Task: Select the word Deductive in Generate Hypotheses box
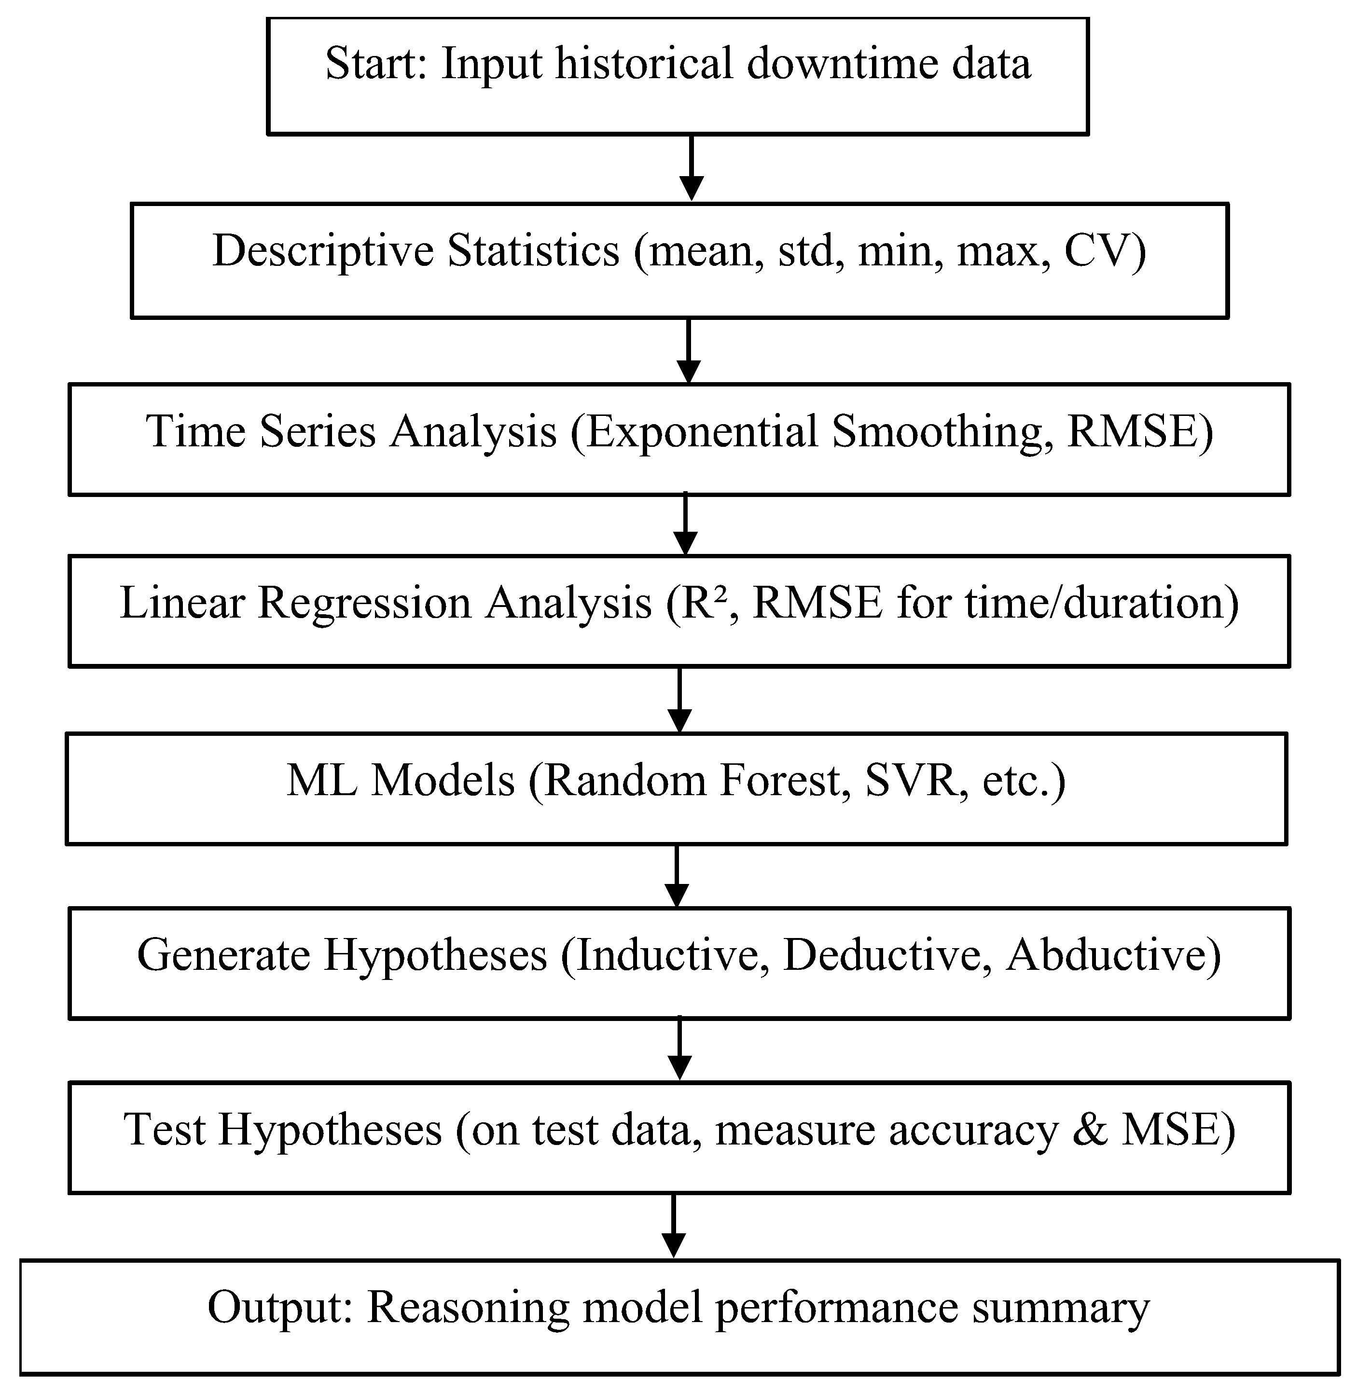tap(882, 955)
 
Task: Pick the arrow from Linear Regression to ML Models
tap(680, 700)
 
